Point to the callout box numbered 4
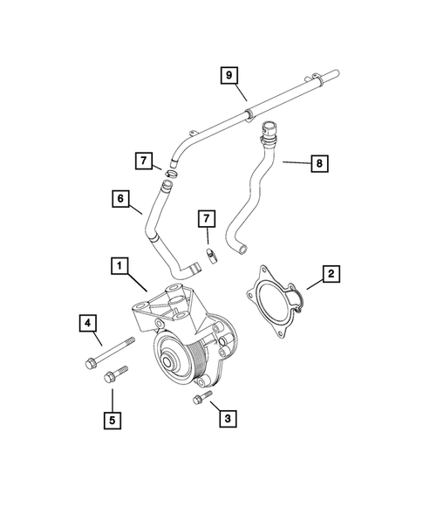(x=88, y=324)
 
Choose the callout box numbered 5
(x=112, y=419)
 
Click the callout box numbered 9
(x=229, y=77)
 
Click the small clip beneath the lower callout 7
(x=210, y=255)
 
